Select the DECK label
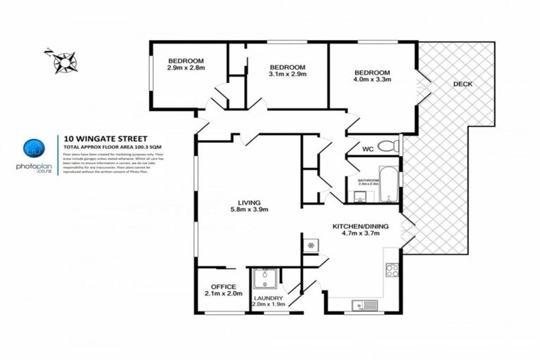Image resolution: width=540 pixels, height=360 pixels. (x=462, y=84)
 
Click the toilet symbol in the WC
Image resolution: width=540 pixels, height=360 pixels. (x=387, y=146)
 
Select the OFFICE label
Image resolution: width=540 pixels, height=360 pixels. (x=223, y=286)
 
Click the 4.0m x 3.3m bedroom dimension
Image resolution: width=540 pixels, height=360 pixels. (x=372, y=82)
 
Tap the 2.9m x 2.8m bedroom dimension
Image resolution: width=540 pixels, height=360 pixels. (x=186, y=68)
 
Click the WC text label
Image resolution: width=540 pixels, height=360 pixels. (x=368, y=149)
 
